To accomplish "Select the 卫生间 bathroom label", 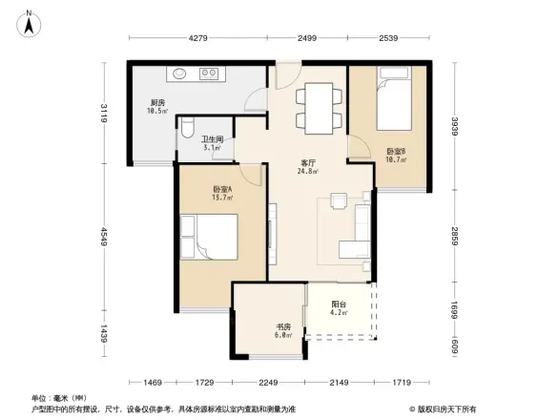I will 211,142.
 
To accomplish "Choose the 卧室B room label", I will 396,154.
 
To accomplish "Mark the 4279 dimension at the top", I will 198,39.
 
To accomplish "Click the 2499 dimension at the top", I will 306,39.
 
